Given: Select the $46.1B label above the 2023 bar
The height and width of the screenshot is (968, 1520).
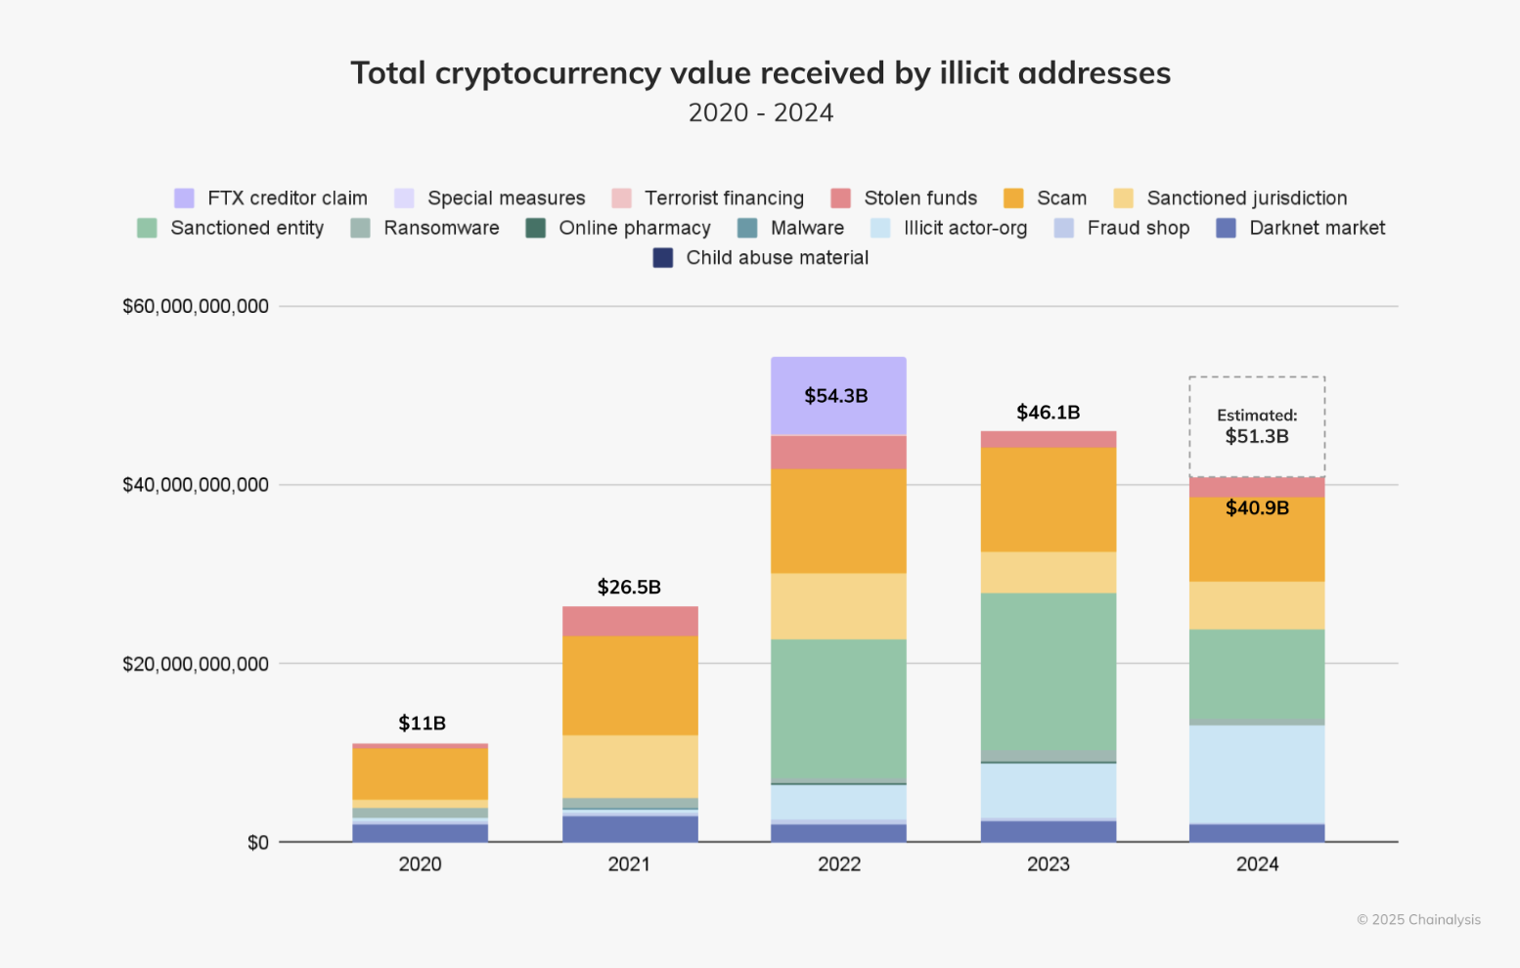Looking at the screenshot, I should [1048, 413].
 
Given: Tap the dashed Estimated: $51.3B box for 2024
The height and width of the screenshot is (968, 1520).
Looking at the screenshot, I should [1257, 426].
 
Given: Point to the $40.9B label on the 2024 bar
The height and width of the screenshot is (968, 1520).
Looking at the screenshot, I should [1257, 508].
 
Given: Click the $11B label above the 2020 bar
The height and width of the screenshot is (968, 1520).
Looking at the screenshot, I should [422, 724].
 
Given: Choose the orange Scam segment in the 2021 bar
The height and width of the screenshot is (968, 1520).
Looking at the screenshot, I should [630, 685].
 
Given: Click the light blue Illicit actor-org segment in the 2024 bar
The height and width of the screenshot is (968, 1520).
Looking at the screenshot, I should [1257, 773].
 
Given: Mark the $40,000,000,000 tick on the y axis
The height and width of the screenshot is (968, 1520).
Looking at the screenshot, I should [196, 485].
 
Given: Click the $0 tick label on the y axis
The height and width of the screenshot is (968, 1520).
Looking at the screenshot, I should [257, 843].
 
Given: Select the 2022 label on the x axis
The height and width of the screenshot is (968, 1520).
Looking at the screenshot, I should [838, 864].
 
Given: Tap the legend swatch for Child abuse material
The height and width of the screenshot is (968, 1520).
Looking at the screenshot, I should [663, 258].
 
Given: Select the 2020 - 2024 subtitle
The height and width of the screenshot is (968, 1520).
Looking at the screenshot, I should [760, 113].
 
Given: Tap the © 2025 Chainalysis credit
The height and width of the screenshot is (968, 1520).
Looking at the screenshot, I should [1417, 919].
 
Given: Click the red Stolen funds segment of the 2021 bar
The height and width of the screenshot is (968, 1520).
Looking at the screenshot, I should [630, 621].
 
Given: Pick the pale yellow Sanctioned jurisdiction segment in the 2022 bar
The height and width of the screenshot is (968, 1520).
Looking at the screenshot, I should [838, 606].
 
